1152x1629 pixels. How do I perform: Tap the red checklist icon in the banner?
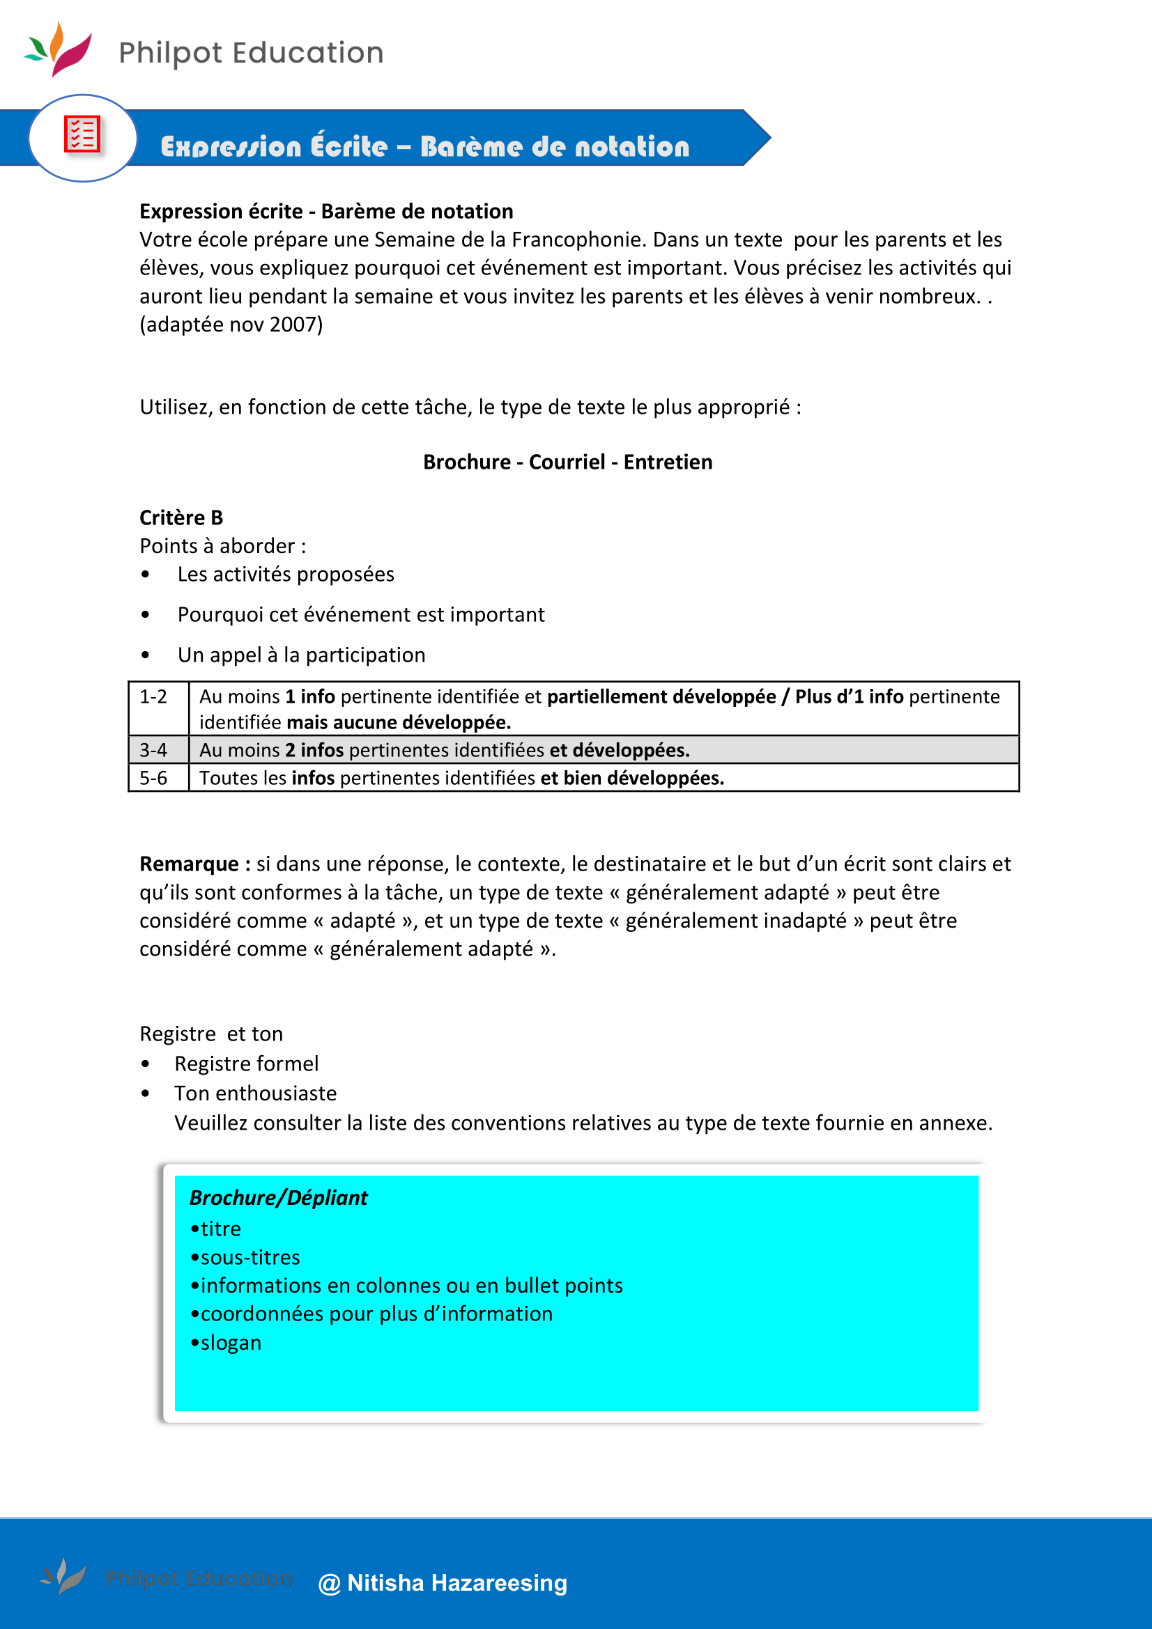pyautogui.click(x=82, y=134)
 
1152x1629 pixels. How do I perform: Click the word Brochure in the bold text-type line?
pyautogui.click(x=466, y=462)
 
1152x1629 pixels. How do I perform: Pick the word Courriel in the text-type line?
pyautogui.click(x=567, y=462)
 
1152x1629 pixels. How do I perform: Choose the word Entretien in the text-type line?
pyautogui.click(x=668, y=462)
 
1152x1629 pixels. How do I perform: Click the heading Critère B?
pyautogui.click(x=181, y=518)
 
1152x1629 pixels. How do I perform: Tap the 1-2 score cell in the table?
pyautogui.click(x=154, y=697)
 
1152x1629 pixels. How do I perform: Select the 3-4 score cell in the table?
pyautogui.click(x=154, y=750)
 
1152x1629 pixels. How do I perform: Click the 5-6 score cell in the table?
pyautogui.click(x=154, y=779)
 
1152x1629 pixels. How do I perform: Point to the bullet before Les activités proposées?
pyautogui.click(x=146, y=575)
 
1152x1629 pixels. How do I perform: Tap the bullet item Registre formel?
pyautogui.click(x=246, y=1064)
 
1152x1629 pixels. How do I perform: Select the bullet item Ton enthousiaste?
pyautogui.click(x=256, y=1093)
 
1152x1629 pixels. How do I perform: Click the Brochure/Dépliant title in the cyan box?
pyautogui.click(x=278, y=1199)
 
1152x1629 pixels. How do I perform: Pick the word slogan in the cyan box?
pyautogui.click(x=231, y=1343)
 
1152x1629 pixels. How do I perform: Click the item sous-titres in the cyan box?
pyautogui.click(x=250, y=1258)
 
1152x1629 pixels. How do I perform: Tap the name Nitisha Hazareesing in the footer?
pyautogui.click(x=457, y=1583)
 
